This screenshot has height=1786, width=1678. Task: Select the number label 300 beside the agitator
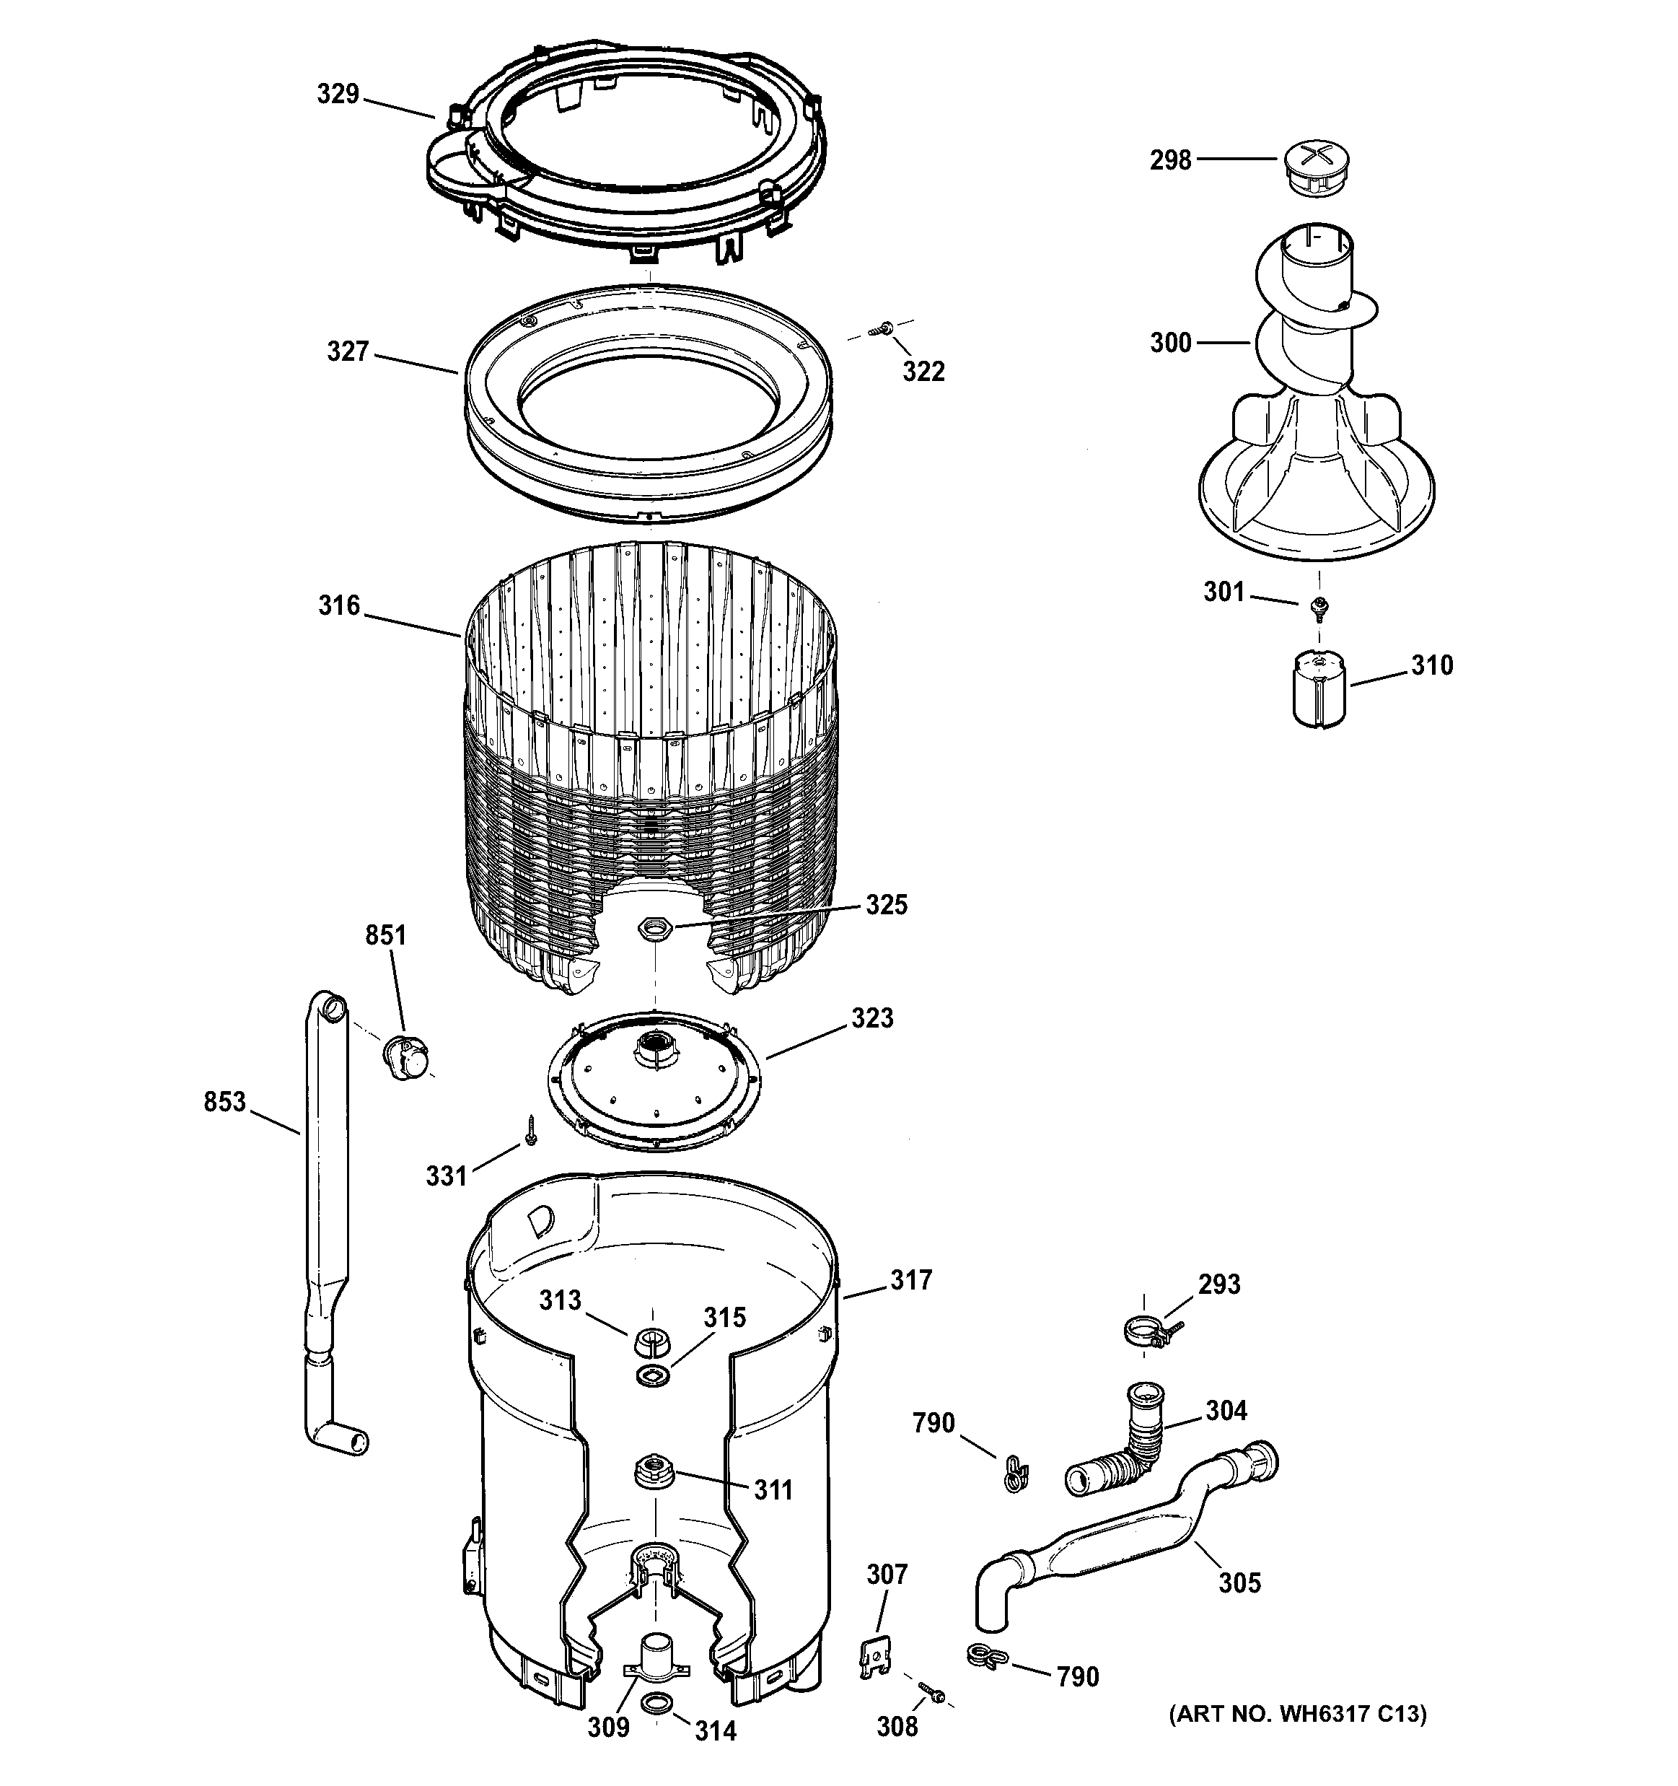[x=1170, y=342]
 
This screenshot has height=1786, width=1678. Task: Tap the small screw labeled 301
[x=1319, y=608]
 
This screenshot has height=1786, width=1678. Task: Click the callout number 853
[x=224, y=1101]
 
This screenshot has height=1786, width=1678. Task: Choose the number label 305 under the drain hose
[x=1239, y=1582]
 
